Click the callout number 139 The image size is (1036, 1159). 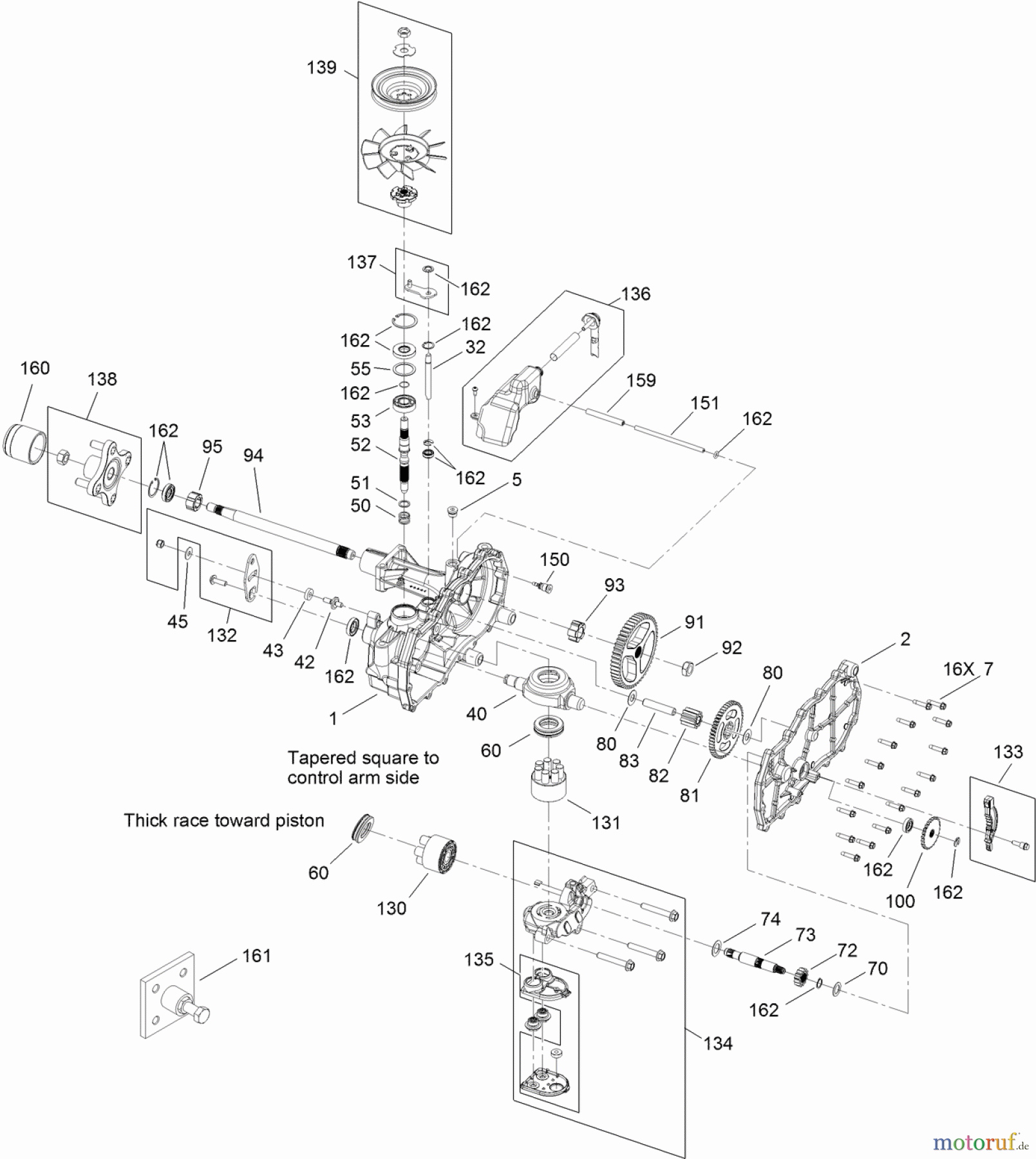point(322,68)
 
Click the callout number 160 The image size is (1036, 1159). point(35,368)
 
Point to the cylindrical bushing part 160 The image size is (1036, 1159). point(25,444)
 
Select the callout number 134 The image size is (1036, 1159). point(718,1043)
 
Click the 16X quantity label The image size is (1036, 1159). point(958,669)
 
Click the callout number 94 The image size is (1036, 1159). point(253,455)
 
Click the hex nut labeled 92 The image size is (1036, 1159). point(686,667)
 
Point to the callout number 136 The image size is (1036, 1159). point(636,294)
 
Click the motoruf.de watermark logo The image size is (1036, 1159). point(981,1142)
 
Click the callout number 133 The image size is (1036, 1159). point(1008,751)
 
